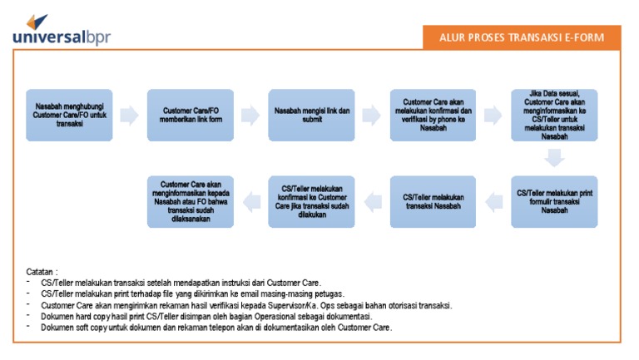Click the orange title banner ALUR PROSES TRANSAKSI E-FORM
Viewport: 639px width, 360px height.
pyautogui.click(x=519, y=37)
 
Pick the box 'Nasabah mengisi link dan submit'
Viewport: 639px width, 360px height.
pyautogui.click(x=312, y=115)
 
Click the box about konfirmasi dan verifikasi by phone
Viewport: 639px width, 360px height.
pyautogui.click(x=433, y=115)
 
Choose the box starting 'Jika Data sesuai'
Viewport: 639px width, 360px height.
pyautogui.click(x=554, y=115)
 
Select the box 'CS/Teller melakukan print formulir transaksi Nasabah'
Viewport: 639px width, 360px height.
pyautogui.click(x=554, y=201)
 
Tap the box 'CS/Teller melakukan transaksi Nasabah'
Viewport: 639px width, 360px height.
pyautogui.click(x=433, y=201)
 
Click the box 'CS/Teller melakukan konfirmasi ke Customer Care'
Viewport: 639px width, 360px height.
pyautogui.click(x=312, y=201)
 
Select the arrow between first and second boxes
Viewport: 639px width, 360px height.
pyautogui.click(x=129, y=116)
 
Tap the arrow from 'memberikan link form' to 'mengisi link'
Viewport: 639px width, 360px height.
pyautogui.click(x=250, y=116)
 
